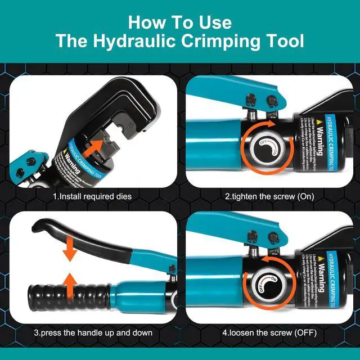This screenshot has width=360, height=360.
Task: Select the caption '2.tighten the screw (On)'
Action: click(269, 197)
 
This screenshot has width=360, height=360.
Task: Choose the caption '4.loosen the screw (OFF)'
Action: click(269, 332)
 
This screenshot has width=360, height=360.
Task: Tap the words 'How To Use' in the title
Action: click(179, 22)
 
